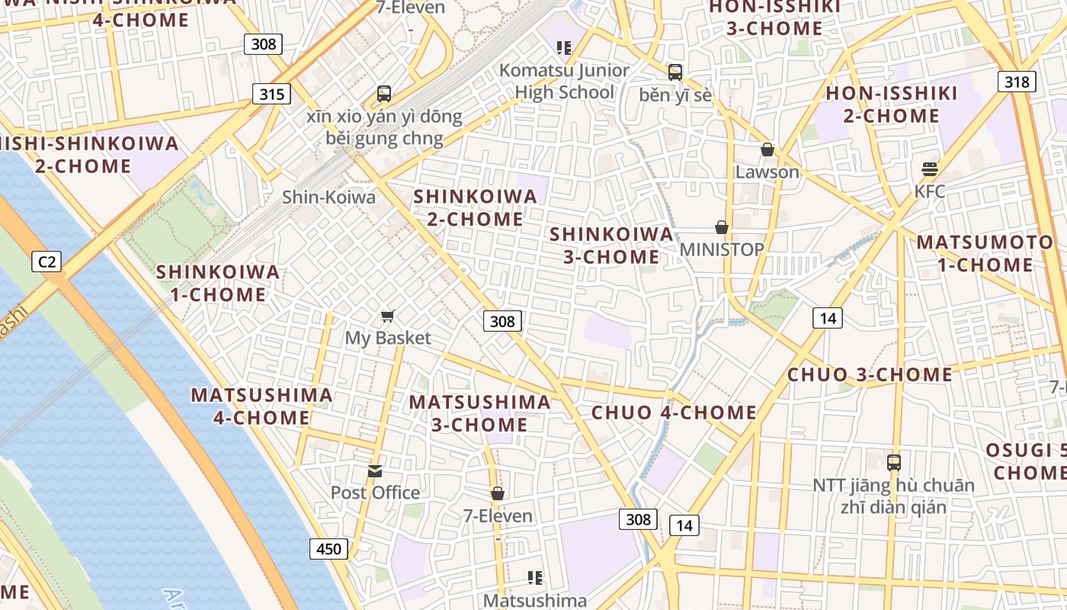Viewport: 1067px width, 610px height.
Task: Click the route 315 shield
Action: [271, 94]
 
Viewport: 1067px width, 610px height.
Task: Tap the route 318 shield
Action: [1017, 82]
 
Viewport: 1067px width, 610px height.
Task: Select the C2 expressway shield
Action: [47, 262]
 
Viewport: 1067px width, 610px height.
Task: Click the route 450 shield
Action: [329, 548]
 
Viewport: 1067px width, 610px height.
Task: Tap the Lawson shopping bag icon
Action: [767, 150]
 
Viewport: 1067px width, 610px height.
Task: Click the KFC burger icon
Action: [929, 169]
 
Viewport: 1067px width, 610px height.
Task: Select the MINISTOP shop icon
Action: [721, 227]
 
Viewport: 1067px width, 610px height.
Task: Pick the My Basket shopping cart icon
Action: [388, 316]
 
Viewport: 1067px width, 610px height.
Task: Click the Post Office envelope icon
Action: [375, 470]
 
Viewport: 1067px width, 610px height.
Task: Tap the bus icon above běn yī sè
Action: [674, 72]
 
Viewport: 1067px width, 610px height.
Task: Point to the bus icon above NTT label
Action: [893, 462]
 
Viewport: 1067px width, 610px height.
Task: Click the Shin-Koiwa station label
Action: [328, 197]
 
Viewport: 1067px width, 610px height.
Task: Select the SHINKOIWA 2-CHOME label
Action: [475, 207]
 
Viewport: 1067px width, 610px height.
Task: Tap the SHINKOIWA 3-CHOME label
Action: [611, 245]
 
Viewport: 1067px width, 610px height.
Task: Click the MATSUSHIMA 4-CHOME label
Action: [261, 406]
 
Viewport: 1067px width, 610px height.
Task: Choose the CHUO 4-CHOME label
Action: [674, 413]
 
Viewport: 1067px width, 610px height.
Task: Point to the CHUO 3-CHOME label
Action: [870, 374]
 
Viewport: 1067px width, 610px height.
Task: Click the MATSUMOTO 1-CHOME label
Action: [985, 254]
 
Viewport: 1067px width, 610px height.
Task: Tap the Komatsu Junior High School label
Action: [564, 81]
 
